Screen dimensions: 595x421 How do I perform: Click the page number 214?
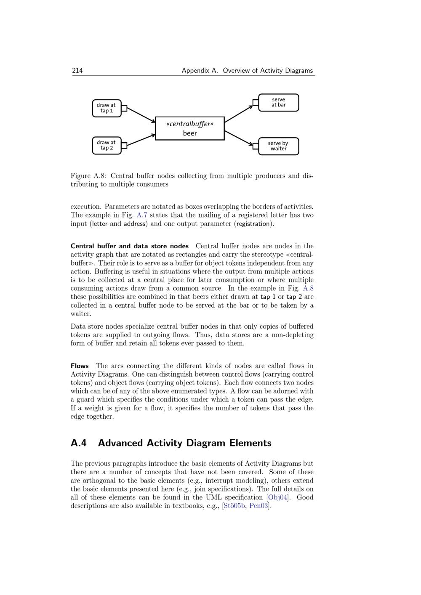click(x=77, y=71)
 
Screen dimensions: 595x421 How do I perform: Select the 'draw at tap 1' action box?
click(x=107, y=108)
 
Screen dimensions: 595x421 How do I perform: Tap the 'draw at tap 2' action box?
click(x=107, y=145)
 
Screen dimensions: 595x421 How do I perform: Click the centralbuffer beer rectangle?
click(x=190, y=128)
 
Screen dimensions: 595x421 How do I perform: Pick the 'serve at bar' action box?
click(x=278, y=102)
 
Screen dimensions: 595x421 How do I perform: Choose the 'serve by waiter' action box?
click(x=278, y=146)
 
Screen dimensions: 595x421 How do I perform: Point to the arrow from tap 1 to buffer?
click(x=141, y=115)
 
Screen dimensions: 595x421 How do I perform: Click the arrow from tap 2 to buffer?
click(x=141, y=140)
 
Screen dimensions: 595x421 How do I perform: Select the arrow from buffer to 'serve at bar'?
click(x=239, y=114)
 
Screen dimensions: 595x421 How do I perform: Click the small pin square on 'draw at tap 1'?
click(x=124, y=108)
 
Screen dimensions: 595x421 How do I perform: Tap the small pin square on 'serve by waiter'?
click(x=256, y=146)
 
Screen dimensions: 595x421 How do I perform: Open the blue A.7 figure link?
click(x=142, y=215)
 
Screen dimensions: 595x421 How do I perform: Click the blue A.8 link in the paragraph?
click(x=308, y=288)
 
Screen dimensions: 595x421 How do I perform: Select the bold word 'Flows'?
click(x=80, y=366)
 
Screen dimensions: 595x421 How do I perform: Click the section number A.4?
click(x=79, y=443)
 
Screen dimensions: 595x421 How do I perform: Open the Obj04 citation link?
click(x=278, y=497)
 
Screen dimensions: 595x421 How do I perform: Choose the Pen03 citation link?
click(x=259, y=506)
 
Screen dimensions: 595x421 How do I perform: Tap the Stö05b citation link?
click(x=234, y=506)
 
